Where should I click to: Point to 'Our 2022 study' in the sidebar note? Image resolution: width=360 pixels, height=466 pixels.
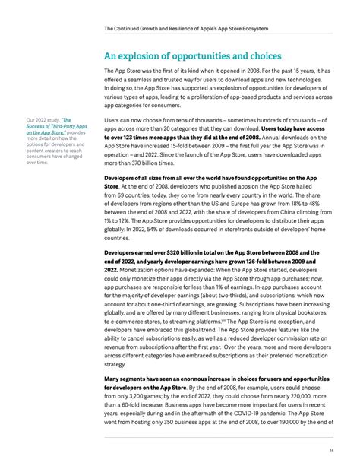pos(43,120)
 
